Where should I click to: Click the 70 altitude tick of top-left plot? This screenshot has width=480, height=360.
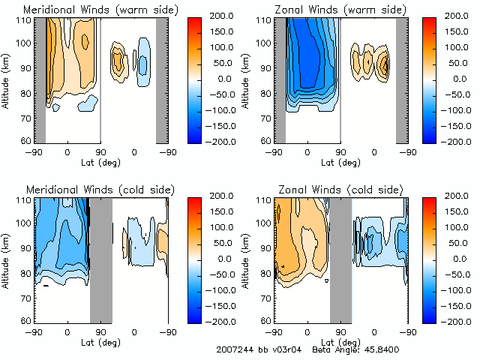coord(22,117)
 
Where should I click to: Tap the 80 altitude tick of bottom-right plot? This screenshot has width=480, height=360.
coord(262,272)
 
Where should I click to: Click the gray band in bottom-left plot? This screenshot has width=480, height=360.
coord(100,259)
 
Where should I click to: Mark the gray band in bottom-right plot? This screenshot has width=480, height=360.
coord(340,259)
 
